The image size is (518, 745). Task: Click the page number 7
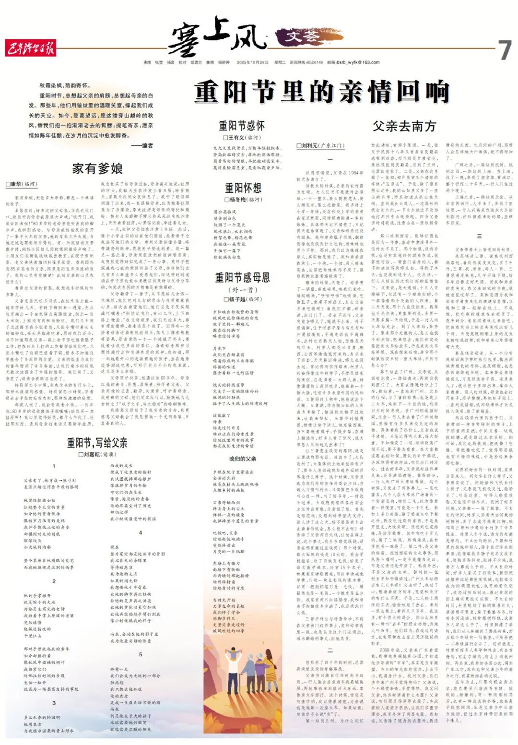coord(504,49)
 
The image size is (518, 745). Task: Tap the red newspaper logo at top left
coord(31,48)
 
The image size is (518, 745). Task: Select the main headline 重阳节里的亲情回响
coord(322,92)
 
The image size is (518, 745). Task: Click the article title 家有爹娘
coord(97,168)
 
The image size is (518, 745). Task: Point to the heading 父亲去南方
coord(404,126)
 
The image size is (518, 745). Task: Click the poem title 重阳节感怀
coord(242,126)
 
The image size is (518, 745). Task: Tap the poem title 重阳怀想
coord(243,188)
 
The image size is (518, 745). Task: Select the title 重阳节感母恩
coord(242,277)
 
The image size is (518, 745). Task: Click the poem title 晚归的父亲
coord(243,459)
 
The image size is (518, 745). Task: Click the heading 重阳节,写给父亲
coord(97,442)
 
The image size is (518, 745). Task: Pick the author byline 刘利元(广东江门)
coord(319,145)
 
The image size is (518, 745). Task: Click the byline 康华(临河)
coord(22,184)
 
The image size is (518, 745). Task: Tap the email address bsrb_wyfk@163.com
coord(358,62)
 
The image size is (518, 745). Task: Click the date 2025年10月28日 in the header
coord(252,62)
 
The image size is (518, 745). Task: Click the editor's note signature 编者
coord(144,146)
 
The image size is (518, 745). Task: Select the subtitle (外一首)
coord(243,289)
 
